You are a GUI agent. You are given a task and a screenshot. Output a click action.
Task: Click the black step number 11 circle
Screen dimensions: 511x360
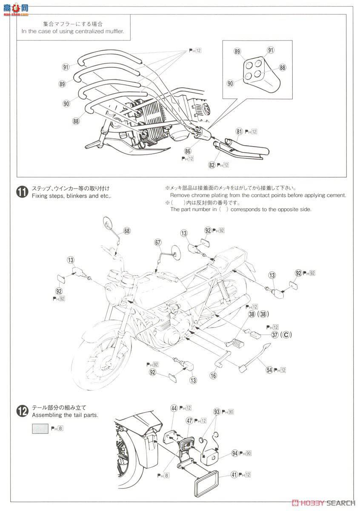click(x=21, y=192)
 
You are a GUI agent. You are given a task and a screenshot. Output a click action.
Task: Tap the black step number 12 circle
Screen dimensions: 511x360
click(x=21, y=411)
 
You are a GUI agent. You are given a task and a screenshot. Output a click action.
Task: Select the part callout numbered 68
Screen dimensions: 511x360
click(x=127, y=231)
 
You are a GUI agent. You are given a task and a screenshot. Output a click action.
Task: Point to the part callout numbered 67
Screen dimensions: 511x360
click(x=158, y=243)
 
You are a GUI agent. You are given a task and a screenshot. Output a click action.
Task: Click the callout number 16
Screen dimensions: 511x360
click(x=213, y=375)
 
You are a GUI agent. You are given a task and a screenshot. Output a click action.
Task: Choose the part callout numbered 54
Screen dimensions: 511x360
click(x=269, y=370)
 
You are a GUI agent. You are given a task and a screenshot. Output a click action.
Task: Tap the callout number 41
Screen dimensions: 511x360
click(x=234, y=474)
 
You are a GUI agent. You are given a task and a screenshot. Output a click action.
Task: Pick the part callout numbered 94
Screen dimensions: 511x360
click(x=234, y=453)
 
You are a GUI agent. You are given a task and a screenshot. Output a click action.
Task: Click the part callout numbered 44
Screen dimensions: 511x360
click(x=174, y=408)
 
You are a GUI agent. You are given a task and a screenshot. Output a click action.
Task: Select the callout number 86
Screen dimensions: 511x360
click(x=188, y=151)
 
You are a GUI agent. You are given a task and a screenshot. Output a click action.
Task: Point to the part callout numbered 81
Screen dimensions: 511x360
click(x=239, y=132)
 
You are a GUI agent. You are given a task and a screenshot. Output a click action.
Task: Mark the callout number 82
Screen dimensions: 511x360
click(x=212, y=165)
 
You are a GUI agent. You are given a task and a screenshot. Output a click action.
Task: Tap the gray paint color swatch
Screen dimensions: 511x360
click(x=40, y=428)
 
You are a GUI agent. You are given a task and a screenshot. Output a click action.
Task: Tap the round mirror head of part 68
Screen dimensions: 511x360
click(x=107, y=223)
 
